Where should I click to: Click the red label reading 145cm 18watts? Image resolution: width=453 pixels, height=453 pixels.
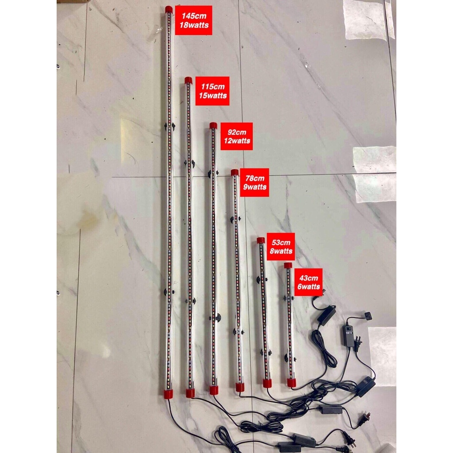pyautogui.click(x=194, y=20)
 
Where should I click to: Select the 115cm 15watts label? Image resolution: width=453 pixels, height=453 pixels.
pyautogui.click(x=212, y=91)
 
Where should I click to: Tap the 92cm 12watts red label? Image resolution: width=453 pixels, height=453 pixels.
pyautogui.click(x=237, y=136)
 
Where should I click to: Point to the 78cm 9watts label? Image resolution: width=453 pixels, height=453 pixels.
pyautogui.click(x=254, y=183)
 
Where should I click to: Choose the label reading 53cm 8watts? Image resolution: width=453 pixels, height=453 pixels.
pyautogui.click(x=281, y=246)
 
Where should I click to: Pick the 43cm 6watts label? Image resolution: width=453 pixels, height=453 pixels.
pyautogui.click(x=308, y=282)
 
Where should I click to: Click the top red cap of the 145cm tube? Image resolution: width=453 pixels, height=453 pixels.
pyautogui.click(x=169, y=10)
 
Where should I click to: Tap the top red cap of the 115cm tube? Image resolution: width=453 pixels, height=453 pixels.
pyautogui.click(x=188, y=81)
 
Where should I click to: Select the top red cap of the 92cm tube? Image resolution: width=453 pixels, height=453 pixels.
pyautogui.click(x=213, y=126)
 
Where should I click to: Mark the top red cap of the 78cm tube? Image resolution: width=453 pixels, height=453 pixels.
pyautogui.click(x=234, y=173)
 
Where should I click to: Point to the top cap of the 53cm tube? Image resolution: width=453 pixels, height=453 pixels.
pyautogui.click(x=261, y=240)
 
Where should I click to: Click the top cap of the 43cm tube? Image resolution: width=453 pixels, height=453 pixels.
pyautogui.click(x=288, y=265)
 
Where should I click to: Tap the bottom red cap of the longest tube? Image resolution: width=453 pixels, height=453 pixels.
pyautogui.click(x=169, y=394)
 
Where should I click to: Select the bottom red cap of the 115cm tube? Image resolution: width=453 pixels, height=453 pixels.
pyautogui.click(x=190, y=393)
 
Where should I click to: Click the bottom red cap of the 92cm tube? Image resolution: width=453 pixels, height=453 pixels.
pyautogui.click(x=214, y=391)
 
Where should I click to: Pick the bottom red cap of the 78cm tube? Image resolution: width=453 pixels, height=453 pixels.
pyautogui.click(x=240, y=387)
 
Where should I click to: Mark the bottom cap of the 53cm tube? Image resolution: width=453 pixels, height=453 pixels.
pyautogui.click(x=267, y=384)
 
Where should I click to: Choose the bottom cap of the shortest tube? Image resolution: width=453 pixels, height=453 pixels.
pyautogui.click(x=292, y=383)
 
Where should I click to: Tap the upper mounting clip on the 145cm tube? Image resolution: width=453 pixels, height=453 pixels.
pyautogui.click(x=169, y=126)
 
